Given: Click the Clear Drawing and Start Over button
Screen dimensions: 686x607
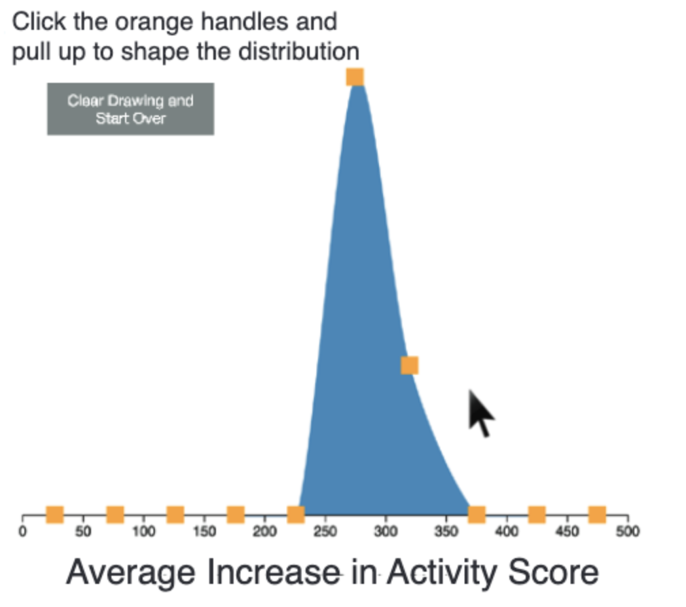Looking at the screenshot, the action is click(131, 109).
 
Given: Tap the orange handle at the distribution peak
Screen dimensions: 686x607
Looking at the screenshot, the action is click(355, 77).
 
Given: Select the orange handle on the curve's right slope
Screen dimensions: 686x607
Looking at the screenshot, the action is click(410, 365).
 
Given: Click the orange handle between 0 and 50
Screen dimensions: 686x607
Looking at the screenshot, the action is click(55, 515).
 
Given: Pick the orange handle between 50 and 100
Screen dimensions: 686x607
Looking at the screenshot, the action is click(115, 515).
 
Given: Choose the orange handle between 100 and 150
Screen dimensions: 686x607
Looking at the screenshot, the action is click(175, 515).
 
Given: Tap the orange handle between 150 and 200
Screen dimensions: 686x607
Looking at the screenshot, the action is click(236, 515).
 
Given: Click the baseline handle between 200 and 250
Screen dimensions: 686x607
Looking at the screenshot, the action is click(295, 515).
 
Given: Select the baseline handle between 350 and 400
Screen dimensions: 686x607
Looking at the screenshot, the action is click(477, 515).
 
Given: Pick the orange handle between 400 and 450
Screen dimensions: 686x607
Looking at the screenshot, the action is click(537, 515).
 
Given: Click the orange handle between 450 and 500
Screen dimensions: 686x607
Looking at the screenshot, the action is click(598, 515).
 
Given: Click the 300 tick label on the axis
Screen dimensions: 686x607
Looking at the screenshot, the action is click(385, 532).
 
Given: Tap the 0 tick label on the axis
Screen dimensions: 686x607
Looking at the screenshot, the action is click(22, 532).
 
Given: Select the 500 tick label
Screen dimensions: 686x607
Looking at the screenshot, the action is click(628, 532).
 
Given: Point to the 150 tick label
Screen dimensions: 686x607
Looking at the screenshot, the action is click(204, 532).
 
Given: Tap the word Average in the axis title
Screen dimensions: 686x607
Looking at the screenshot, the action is click(130, 574).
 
